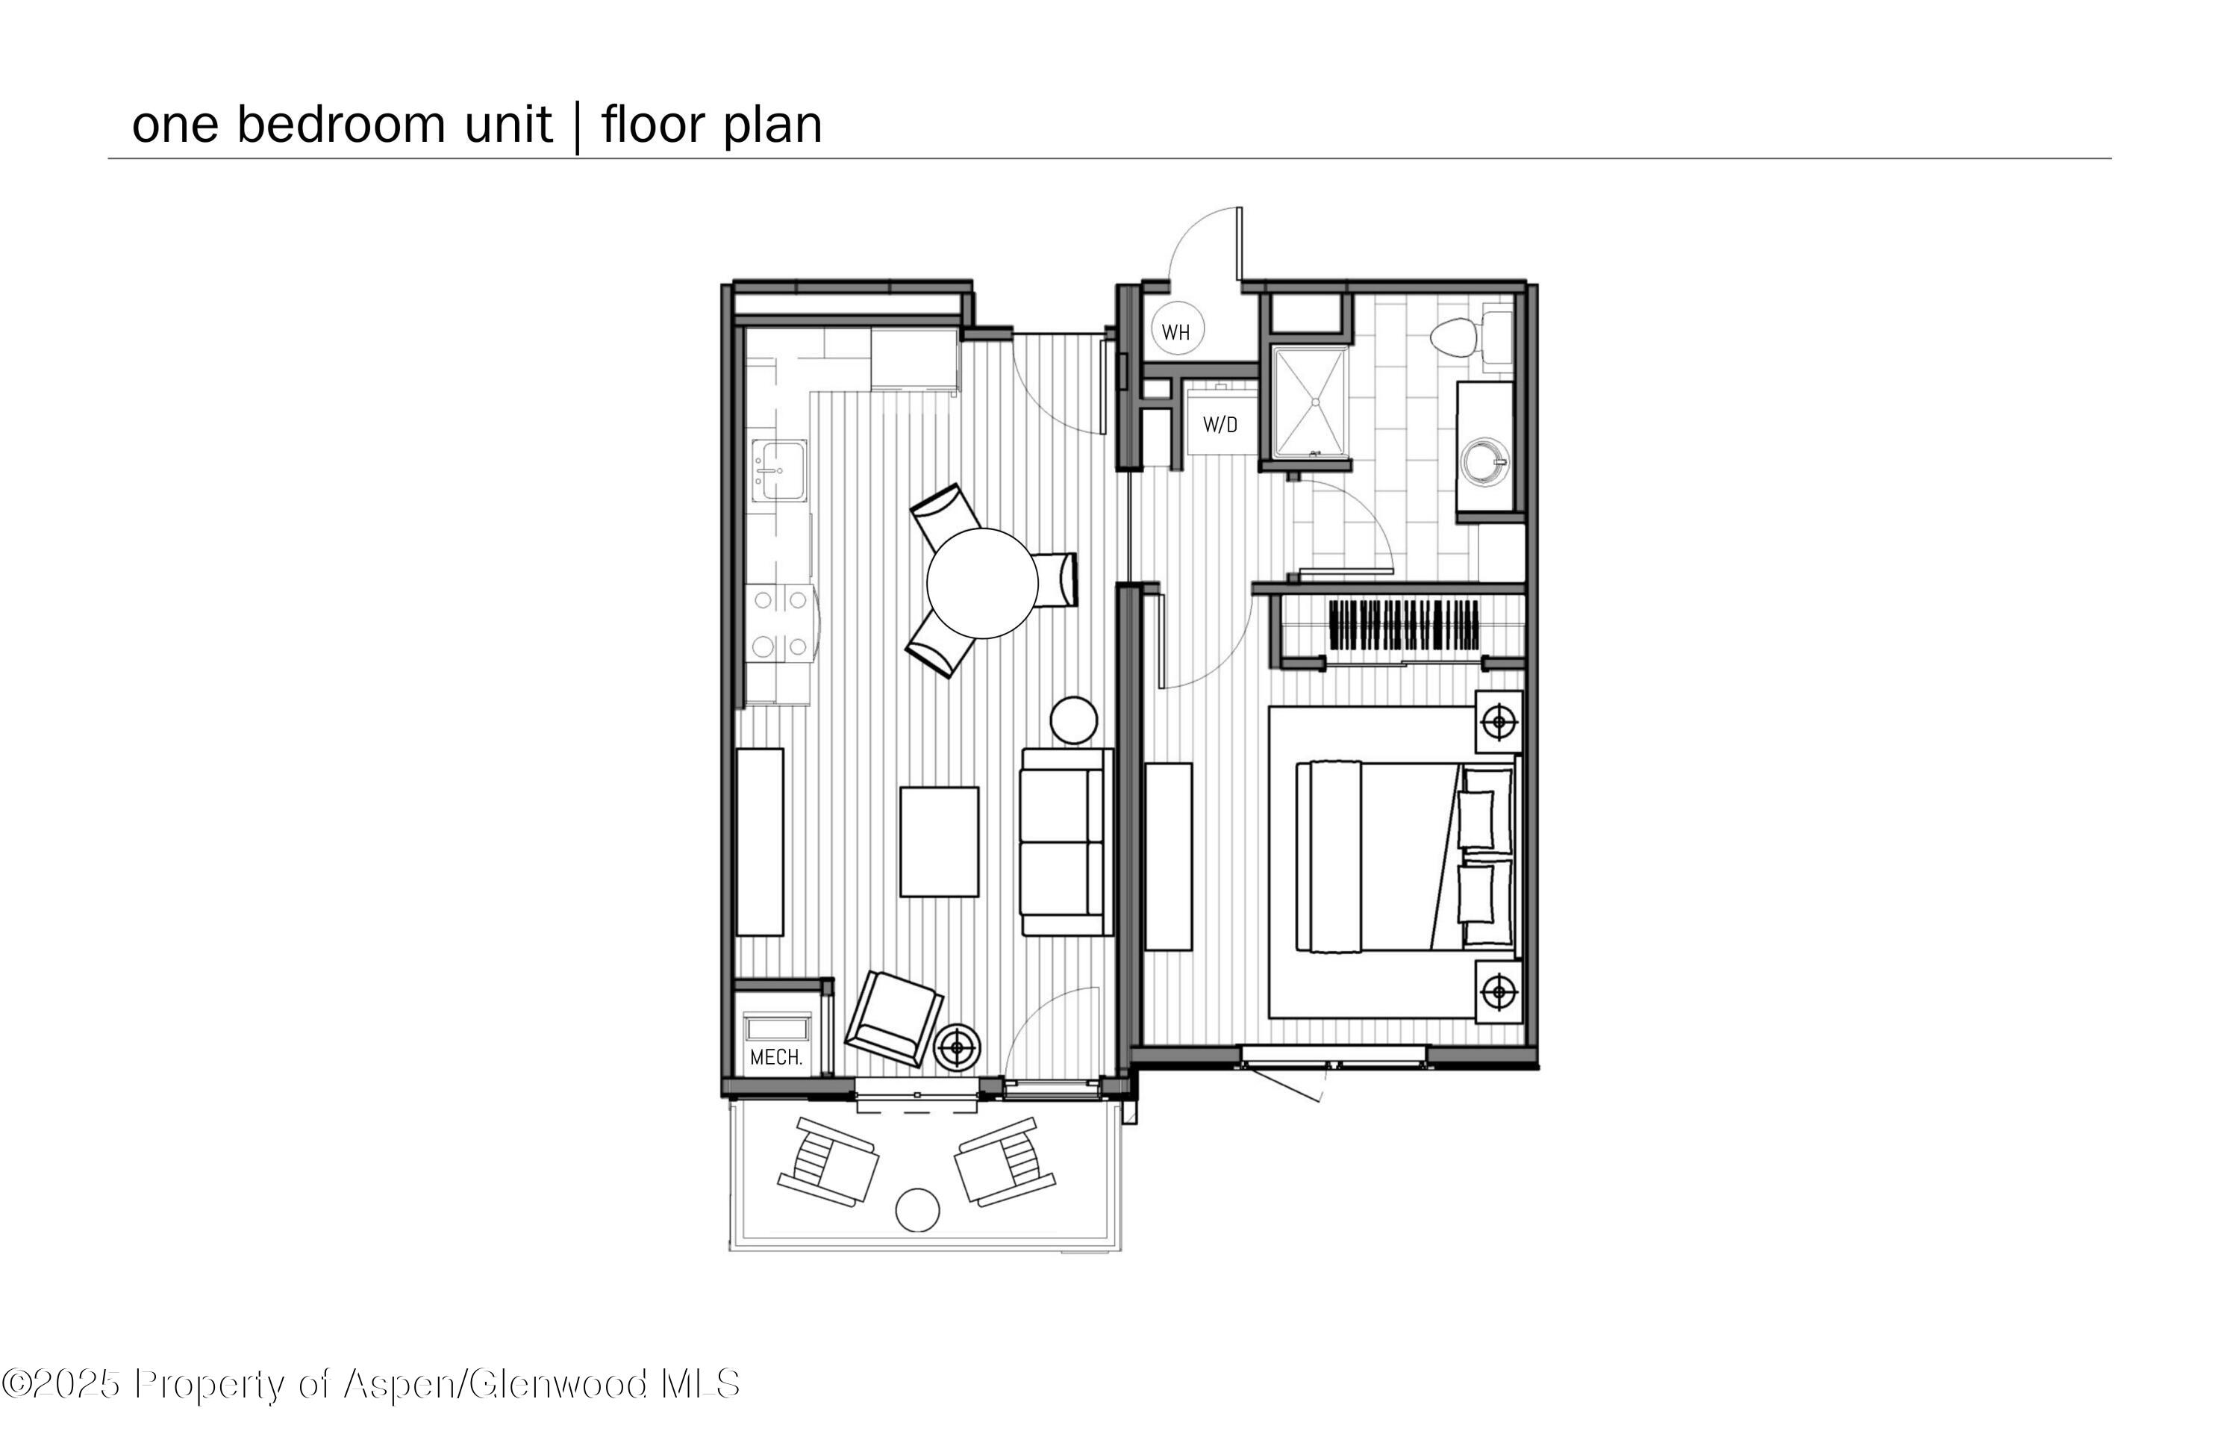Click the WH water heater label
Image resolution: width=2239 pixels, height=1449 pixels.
click(x=1176, y=332)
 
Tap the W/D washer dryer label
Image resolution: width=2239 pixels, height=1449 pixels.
click(x=1220, y=426)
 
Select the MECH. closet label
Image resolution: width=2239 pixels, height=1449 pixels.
click(x=776, y=1058)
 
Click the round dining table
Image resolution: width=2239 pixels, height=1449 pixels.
click(x=982, y=582)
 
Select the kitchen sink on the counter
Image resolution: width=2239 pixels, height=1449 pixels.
click(x=779, y=470)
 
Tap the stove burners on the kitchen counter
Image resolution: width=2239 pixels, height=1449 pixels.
click(x=780, y=622)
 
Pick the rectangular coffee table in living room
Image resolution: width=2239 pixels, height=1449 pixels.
click(x=939, y=841)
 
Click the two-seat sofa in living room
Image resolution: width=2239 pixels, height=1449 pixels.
click(x=1065, y=841)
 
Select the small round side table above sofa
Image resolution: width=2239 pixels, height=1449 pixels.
click(x=1073, y=720)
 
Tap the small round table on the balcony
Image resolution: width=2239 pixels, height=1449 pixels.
click(x=917, y=1210)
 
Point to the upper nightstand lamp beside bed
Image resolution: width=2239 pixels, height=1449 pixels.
click(x=1499, y=723)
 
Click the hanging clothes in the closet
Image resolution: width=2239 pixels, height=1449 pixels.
click(x=1404, y=625)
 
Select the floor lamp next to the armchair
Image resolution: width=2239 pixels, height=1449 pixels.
click(x=958, y=1047)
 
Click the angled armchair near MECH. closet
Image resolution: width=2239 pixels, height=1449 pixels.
click(x=893, y=1020)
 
